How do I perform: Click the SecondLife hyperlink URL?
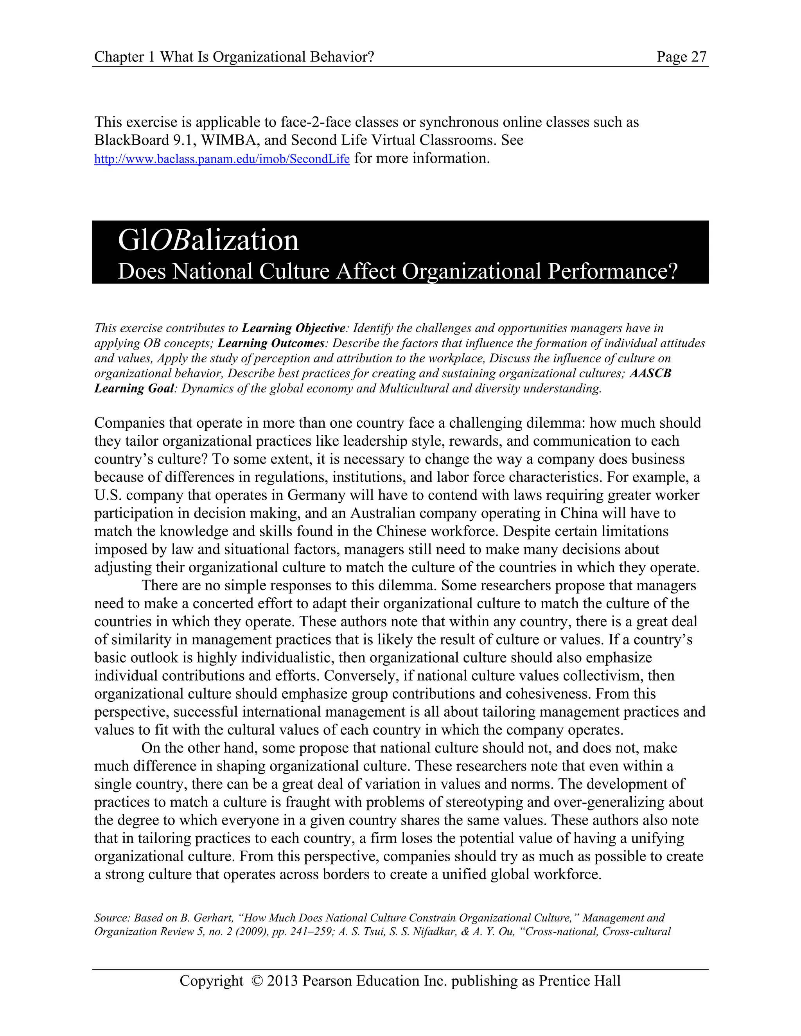click(222, 159)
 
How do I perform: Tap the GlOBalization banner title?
click(208, 240)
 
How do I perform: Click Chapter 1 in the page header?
click(125, 57)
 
